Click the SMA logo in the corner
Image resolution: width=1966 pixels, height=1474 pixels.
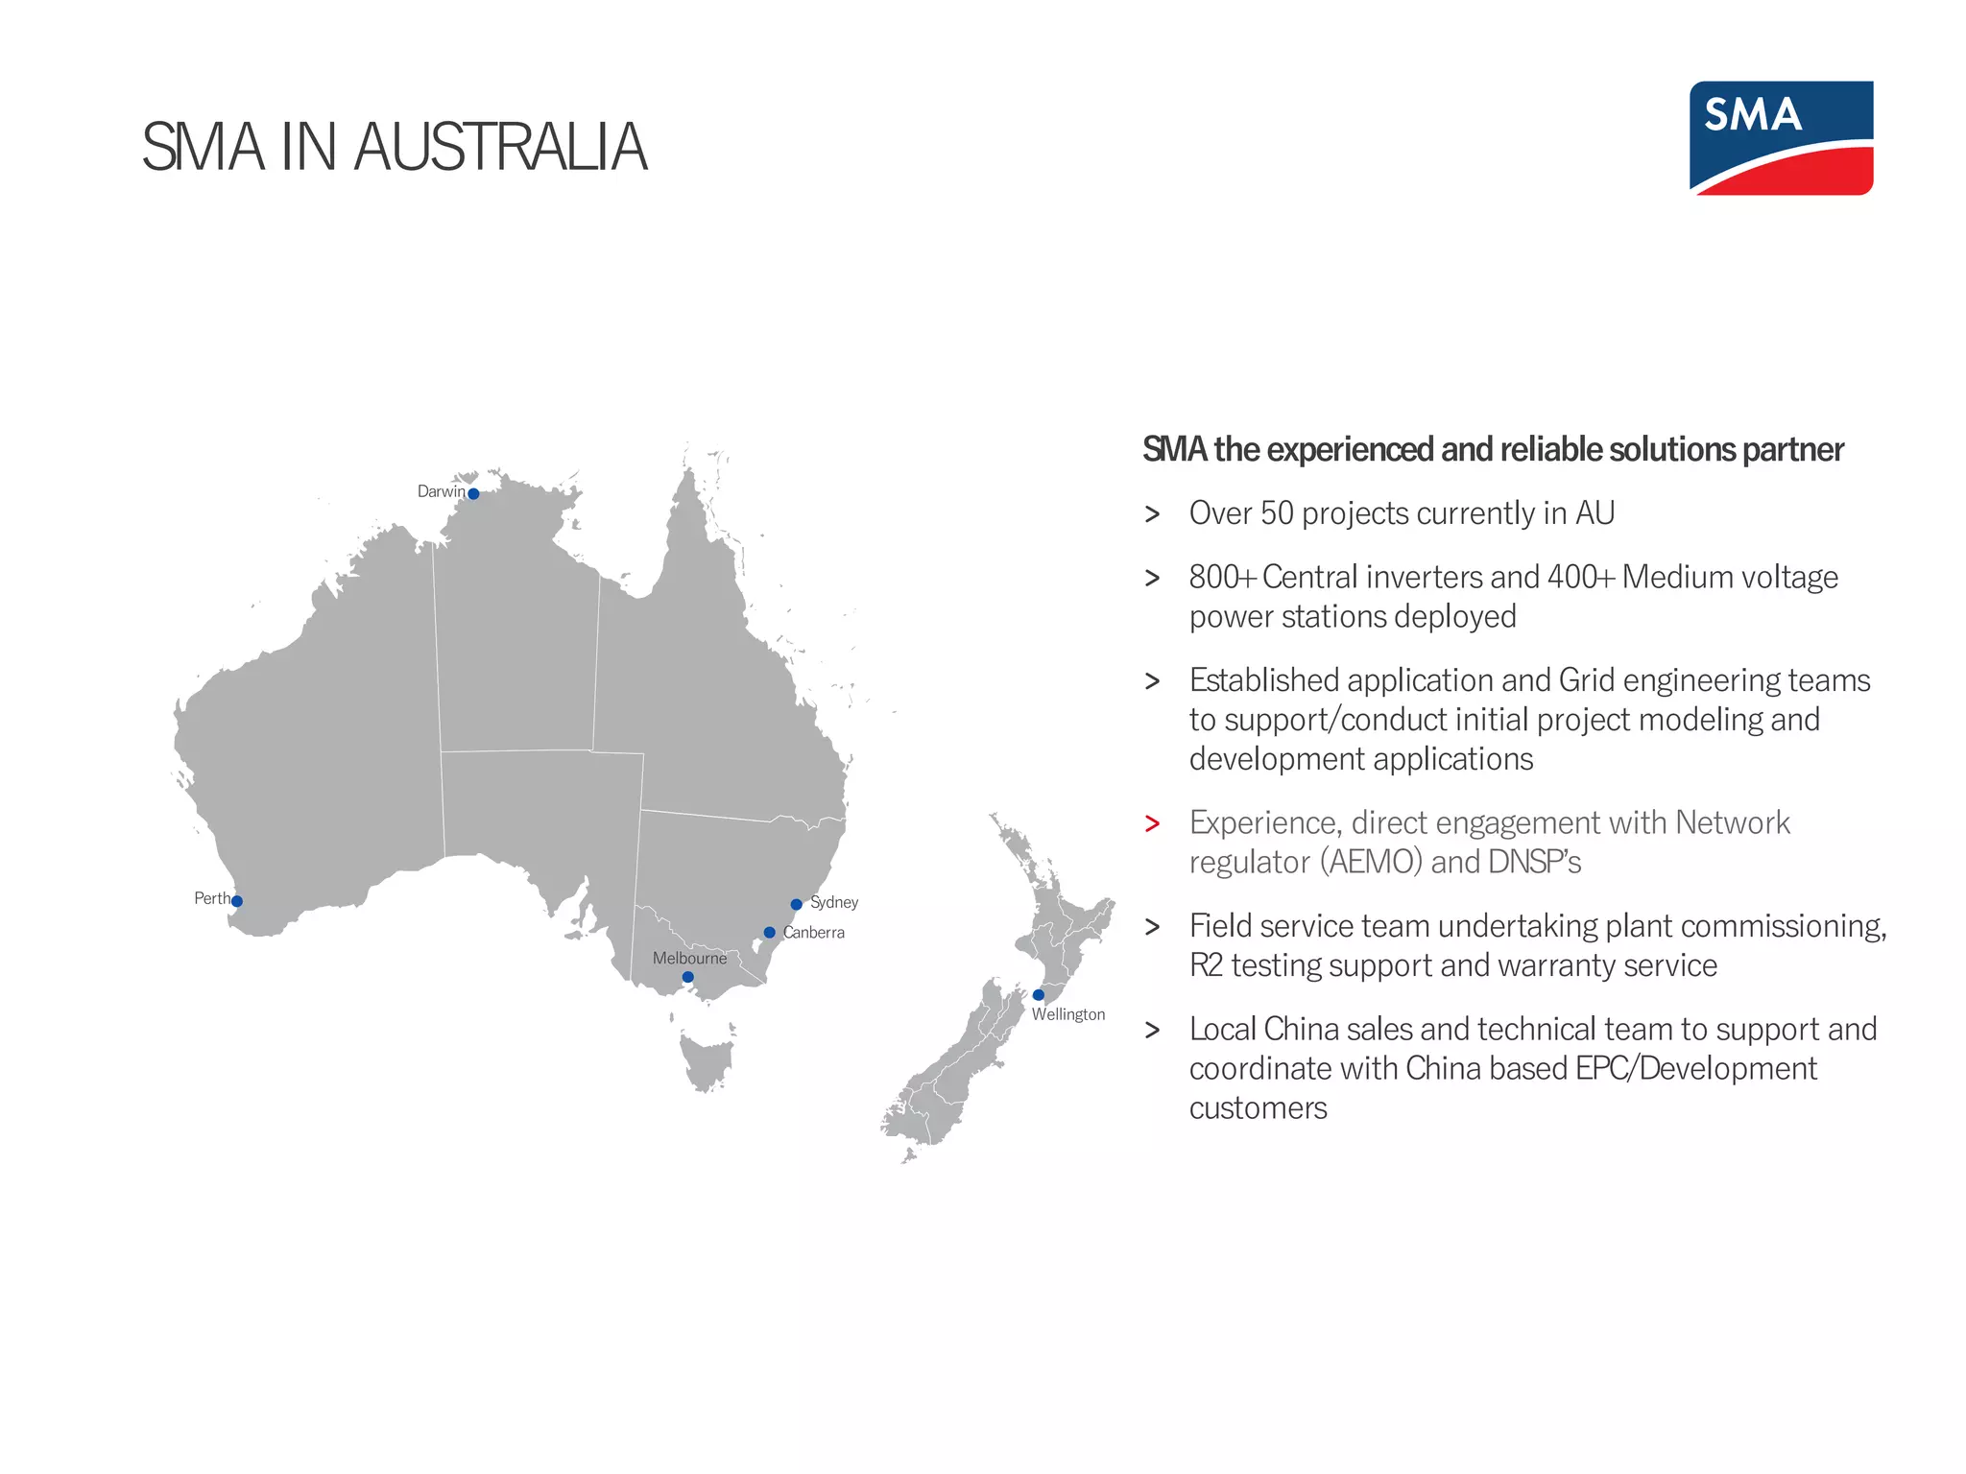click(x=1781, y=137)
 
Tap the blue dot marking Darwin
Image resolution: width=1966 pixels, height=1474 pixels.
click(x=473, y=494)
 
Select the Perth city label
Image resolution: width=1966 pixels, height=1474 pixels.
click(x=211, y=898)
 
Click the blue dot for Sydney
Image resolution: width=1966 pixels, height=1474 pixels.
click(x=796, y=904)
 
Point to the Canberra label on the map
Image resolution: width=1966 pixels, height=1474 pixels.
click(x=814, y=933)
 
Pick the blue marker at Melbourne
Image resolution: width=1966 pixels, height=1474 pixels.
click(x=687, y=977)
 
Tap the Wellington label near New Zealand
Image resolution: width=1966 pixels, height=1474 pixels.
click(x=1068, y=1014)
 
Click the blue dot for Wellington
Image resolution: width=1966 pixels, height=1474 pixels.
click(x=1038, y=995)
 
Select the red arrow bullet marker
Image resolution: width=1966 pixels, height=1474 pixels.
click(x=1152, y=824)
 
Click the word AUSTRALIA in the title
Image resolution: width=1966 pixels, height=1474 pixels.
click(x=500, y=148)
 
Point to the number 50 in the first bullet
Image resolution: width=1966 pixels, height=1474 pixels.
click(x=1277, y=513)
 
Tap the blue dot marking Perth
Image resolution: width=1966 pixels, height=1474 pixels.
click(x=237, y=901)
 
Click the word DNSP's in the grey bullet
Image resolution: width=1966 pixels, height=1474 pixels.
click(x=1534, y=862)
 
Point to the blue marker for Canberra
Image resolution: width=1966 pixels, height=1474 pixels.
click(x=769, y=933)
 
